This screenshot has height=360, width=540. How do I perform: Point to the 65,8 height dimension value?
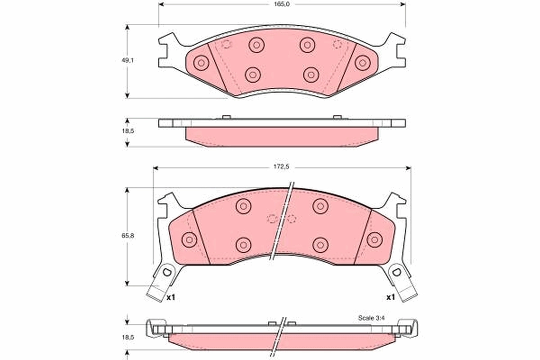point(130,235)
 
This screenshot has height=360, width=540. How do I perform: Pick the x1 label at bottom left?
point(170,297)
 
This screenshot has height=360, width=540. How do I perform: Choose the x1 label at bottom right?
point(390,297)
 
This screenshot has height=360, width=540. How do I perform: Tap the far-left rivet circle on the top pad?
point(201,63)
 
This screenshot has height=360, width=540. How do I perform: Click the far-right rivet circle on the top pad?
point(362,63)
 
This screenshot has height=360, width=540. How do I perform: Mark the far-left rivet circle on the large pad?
point(189,239)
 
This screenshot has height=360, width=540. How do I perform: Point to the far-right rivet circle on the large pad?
point(374,239)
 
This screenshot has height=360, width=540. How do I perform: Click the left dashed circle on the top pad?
point(226,44)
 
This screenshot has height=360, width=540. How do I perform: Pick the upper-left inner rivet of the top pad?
point(256,44)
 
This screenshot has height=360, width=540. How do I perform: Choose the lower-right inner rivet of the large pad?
point(320,244)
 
